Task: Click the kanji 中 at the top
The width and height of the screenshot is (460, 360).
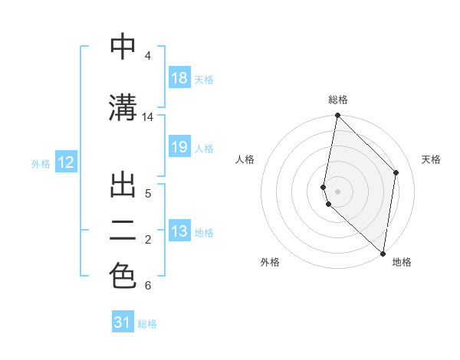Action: coord(123,47)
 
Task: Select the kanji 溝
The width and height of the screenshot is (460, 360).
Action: coord(123,107)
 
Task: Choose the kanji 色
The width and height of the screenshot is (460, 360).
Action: coord(123,277)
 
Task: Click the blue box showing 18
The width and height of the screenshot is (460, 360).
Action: coord(179,78)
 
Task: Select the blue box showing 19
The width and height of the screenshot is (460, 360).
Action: coord(179,148)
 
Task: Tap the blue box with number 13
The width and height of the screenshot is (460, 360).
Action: coord(179,232)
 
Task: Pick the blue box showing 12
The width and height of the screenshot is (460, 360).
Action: coord(66,162)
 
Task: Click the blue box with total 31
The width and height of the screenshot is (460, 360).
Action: coord(123,322)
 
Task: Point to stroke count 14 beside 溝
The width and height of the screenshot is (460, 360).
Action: coord(148,117)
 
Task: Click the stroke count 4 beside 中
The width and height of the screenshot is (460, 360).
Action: coord(147,56)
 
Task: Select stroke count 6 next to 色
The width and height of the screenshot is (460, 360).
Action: coord(147,286)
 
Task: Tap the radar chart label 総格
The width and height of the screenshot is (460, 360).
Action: coord(337,100)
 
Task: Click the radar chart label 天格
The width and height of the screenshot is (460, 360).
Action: coord(431,159)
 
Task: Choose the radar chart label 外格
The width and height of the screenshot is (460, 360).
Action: coord(270,262)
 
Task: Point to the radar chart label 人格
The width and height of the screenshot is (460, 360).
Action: coord(245,159)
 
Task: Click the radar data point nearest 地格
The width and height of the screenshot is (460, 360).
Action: coord(383,254)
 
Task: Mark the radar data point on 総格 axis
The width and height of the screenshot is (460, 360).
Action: coord(337,116)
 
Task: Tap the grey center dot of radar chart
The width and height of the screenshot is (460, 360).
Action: coord(337,191)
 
